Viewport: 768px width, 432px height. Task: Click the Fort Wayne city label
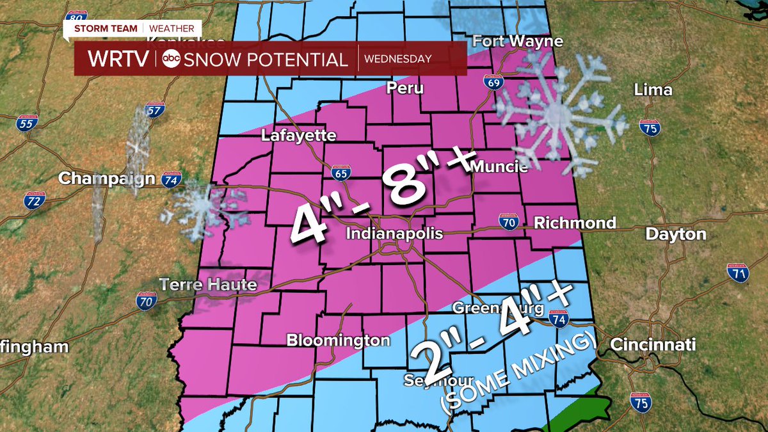click(518, 42)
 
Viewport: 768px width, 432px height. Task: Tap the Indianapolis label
click(394, 234)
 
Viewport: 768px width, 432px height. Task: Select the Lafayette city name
click(299, 136)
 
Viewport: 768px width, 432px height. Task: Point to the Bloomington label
click(338, 340)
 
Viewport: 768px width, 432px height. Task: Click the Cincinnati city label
click(652, 345)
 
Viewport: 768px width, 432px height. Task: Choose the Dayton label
click(675, 234)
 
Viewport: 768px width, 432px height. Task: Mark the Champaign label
click(107, 179)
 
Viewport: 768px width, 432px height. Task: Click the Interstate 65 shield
click(340, 172)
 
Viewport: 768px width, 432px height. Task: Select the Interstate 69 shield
click(499, 81)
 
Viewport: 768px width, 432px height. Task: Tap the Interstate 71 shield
click(738, 273)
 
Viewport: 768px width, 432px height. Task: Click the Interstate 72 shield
click(35, 202)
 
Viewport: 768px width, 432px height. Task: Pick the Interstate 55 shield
click(26, 122)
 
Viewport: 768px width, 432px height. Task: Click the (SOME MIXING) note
click(518, 371)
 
